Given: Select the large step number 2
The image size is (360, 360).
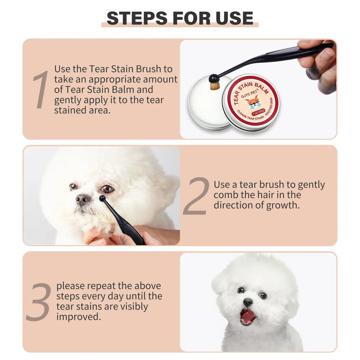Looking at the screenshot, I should [196, 196].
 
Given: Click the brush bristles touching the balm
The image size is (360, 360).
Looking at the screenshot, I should [214, 85].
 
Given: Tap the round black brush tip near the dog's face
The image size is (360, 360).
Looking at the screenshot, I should [102, 198].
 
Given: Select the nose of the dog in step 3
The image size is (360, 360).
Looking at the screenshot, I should [248, 302].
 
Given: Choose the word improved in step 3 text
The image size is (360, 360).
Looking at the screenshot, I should [79, 317].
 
